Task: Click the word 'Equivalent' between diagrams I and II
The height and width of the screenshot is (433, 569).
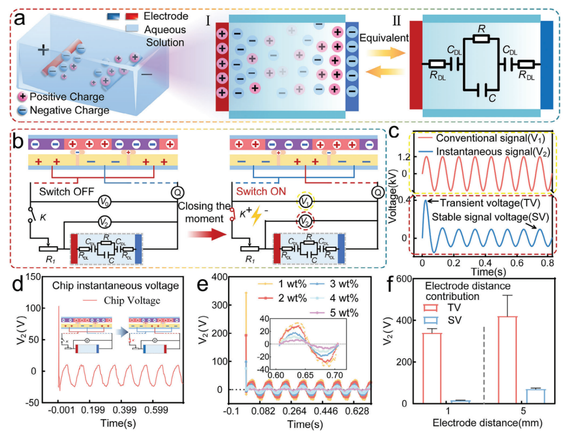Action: [384, 38]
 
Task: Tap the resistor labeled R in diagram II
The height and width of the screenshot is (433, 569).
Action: [481, 39]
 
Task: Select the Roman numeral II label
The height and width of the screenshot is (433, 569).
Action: [397, 21]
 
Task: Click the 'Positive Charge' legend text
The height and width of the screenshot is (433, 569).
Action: [66, 97]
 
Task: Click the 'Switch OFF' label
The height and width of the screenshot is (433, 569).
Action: [66, 192]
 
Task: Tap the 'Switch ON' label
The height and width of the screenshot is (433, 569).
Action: [261, 192]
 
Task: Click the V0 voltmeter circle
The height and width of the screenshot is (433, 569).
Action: [104, 203]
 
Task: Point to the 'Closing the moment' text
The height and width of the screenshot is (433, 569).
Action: [204, 212]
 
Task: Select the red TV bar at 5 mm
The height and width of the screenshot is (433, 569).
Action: [507, 359]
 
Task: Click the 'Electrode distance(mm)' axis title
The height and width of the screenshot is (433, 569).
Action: [487, 423]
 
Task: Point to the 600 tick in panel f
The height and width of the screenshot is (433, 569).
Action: [404, 279]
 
